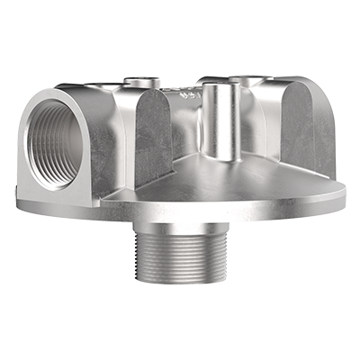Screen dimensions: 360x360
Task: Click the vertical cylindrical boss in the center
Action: coord(219,121)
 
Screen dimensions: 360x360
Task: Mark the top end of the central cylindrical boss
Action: coord(219,85)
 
